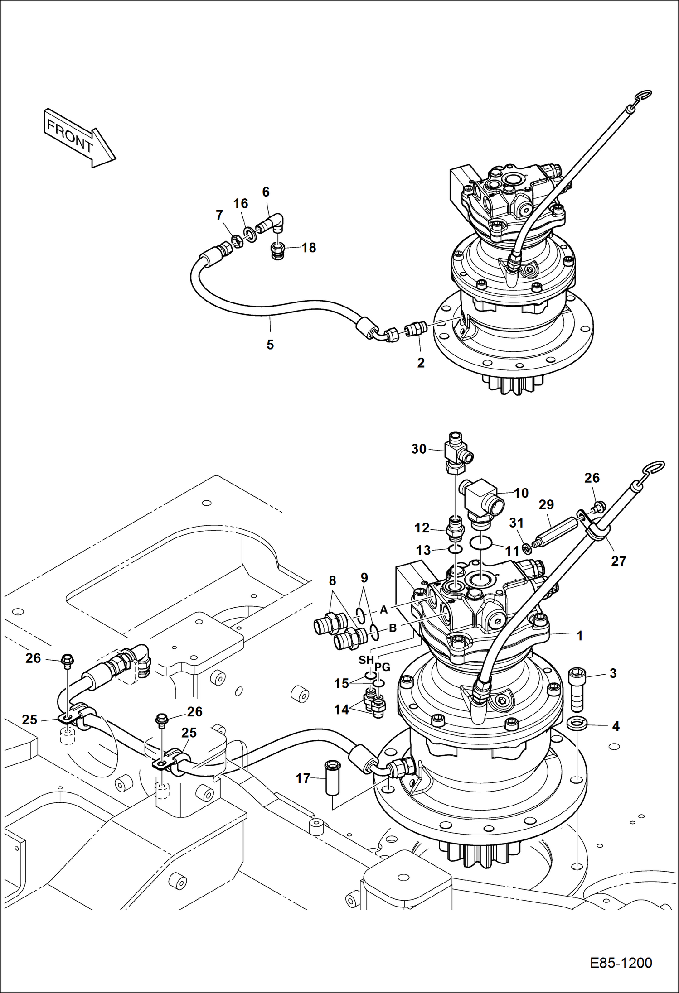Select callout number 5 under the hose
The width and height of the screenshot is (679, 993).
(270, 345)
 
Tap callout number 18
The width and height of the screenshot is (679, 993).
(309, 248)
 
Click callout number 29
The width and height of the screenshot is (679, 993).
(546, 504)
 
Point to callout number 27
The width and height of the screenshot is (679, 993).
(618, 561)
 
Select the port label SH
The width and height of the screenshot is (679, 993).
(366, 660)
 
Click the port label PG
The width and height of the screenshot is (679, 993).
(382, 667)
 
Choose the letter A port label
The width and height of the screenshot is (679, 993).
(383, 610)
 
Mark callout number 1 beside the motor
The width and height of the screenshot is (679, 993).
(579, 636)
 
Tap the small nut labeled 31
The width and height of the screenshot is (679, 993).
(527, 549)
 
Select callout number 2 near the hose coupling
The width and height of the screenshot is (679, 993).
(421, 363)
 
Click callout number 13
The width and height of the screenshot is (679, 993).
(423, 550)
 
